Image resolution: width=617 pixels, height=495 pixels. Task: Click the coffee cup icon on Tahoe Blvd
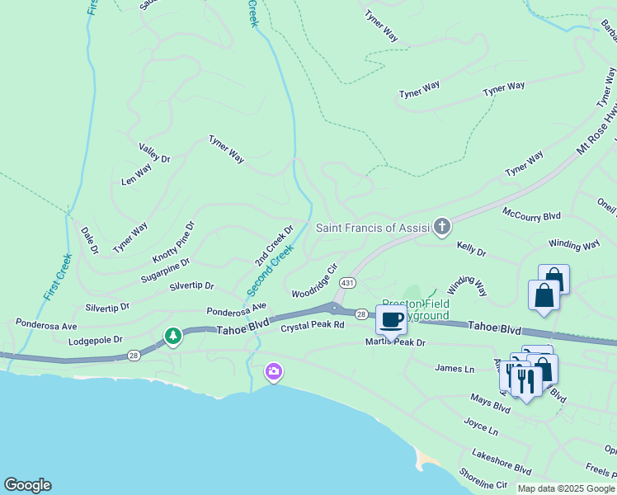(x=391, y=319)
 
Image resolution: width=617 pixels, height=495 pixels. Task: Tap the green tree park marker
(x=172, y=336)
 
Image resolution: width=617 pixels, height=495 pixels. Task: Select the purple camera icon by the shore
(x=273, y=373)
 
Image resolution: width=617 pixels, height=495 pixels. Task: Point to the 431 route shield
(x=348, y=282)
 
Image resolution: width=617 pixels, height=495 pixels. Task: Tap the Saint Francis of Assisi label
(x=373, y=228)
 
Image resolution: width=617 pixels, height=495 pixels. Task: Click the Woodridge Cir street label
(x=315, y=281)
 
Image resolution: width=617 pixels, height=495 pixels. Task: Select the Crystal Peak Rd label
(x=312, y=327)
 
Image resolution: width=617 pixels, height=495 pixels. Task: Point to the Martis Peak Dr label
(x=396, y=342)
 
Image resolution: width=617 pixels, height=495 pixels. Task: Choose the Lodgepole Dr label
(x=96, y=339)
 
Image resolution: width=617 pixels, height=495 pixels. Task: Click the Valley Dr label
(x=154, y=153)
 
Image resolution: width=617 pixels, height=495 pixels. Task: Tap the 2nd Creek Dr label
(x=274, y=245)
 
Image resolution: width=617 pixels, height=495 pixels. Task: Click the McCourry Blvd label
(x=531, y=215)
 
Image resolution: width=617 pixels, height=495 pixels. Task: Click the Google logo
(x=27, y=485)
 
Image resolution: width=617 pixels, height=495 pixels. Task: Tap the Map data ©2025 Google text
(x=566, y=488)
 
